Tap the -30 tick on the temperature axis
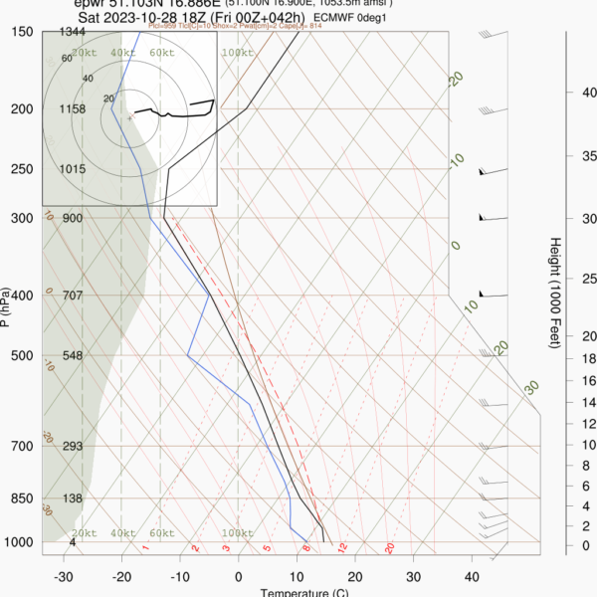coord(64,576)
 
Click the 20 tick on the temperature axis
coord(354,576)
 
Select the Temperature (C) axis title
coord(304,593)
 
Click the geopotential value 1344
coord(73,33)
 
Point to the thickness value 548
coord(73,356)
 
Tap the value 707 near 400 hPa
coord(73,296)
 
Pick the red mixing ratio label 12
coord(341,547)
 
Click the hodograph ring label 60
coord(67,59)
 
